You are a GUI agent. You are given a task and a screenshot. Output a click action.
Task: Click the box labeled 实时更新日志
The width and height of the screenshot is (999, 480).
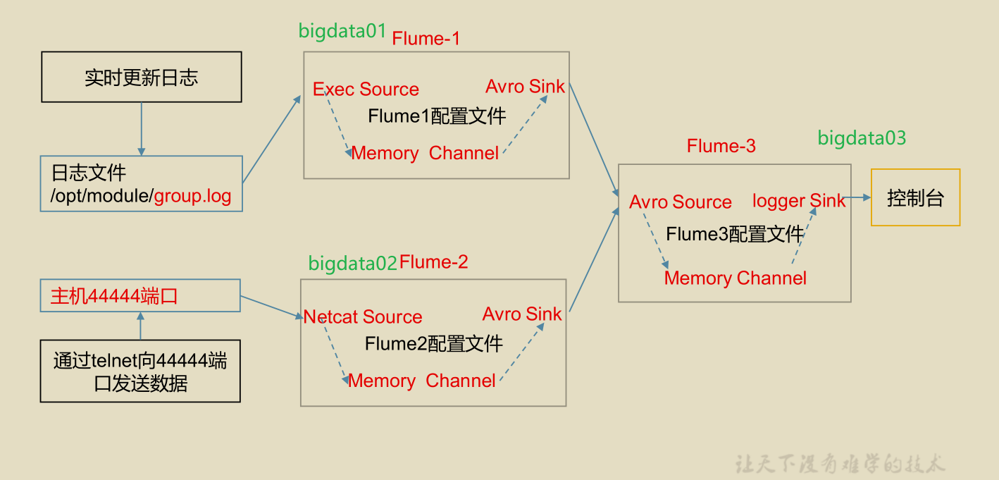[x=141, y=77]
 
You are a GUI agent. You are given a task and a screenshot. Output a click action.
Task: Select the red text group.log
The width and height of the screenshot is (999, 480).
[x=193, y=196]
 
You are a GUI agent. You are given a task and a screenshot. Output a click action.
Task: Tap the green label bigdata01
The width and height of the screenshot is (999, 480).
[x=342, y=31]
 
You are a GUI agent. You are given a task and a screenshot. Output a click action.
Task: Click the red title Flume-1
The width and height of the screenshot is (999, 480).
[x=426, y=39]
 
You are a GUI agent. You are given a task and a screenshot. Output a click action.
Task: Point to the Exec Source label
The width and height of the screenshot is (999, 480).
[x=366, y=90]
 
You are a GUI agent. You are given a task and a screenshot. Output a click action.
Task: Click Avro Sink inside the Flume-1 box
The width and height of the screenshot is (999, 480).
[x=525, y=87]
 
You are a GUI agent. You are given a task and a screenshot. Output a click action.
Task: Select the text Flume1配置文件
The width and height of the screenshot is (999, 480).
[x=437, y=116]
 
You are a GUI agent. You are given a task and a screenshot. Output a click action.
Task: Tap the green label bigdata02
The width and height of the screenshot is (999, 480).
[x=353, y=264]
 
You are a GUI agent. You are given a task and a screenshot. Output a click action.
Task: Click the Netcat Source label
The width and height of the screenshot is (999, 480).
[x=363, y=317]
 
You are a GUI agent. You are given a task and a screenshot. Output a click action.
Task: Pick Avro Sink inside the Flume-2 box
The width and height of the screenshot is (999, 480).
[x=522, y=314]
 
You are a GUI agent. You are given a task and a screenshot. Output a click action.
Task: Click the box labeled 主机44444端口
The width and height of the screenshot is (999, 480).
[x=140, y=295]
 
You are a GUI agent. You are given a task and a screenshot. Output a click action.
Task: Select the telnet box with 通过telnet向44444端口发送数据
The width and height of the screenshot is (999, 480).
[x=140, y=371]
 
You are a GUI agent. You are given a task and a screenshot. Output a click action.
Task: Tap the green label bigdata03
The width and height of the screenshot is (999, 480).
[x=862, y=138]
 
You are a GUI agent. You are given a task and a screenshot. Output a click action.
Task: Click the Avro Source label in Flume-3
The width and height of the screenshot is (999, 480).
[x=681, y=202]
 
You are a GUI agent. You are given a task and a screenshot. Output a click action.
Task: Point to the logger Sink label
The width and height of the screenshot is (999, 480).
[x=798, y=201]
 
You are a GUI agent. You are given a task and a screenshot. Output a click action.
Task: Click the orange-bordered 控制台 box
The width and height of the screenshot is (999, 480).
[x=915, y=197]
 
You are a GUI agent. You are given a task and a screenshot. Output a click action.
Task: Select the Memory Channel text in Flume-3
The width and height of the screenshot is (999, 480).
[x=735, y=278]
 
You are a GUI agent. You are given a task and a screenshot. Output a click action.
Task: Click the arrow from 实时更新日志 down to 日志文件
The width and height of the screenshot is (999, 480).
[x=142, y=129]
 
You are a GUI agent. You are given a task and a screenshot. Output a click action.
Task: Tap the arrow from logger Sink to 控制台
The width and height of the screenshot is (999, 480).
[x=857, y=198]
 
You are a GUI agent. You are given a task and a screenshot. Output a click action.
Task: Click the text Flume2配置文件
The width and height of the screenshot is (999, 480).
[x=434, y=344]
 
